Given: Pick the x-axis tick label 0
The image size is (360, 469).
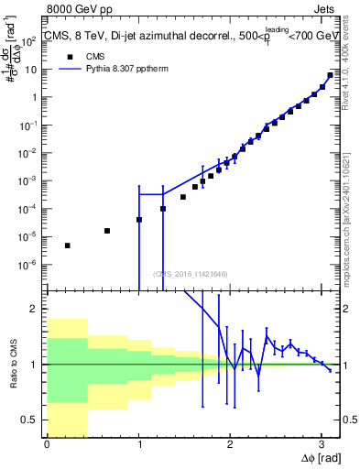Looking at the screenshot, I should pyautogui.click(x=47, y=444).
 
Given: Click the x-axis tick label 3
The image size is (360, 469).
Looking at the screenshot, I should pyautogui.click(x=321, y=444).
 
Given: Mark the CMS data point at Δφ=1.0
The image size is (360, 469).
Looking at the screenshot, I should pyautogui.click(x=139, y=220).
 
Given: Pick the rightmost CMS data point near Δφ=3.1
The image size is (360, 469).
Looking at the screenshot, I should pyautogui.click(x=330, y=75).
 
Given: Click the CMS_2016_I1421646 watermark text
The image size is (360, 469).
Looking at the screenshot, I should pyautogui.click(x=190, y=273).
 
